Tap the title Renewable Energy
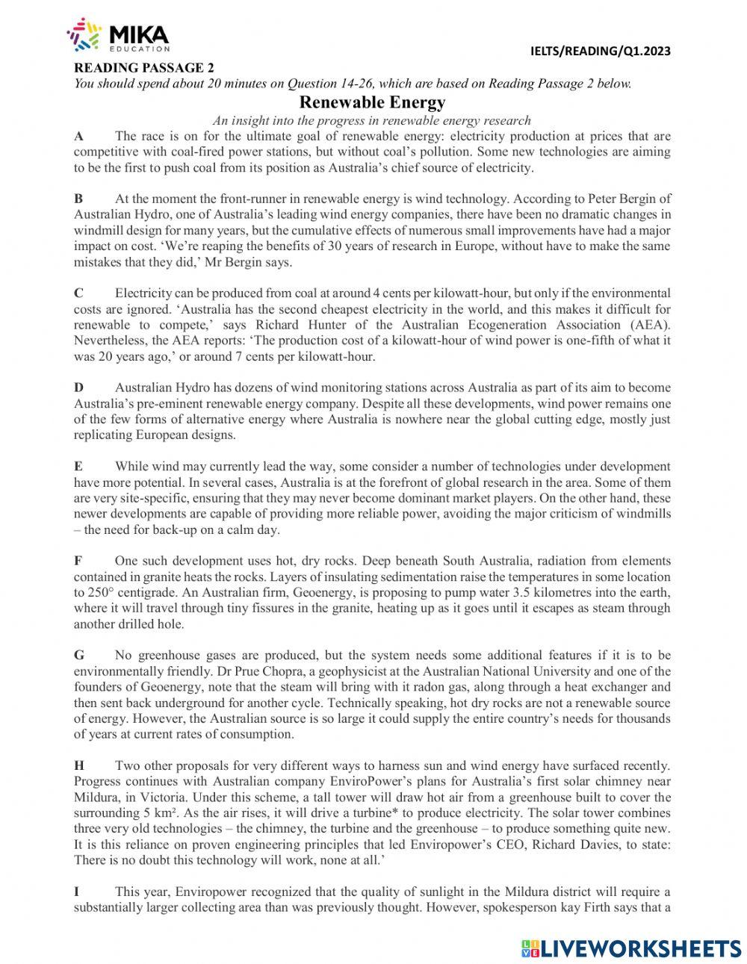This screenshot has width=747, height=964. pos(372,102)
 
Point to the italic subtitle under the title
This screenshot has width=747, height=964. pos(372,120)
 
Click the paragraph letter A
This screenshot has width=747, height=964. pos(78,136)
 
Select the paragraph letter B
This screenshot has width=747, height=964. pos(78,199)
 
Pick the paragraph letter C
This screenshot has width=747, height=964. pos(78,293)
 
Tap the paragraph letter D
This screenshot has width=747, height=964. pos(78,387)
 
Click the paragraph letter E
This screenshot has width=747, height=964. pos(78,466)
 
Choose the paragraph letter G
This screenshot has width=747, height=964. pos(78,655)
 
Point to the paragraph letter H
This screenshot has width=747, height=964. pos(78,765)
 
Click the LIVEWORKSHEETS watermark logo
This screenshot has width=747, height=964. pos(631,948)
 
